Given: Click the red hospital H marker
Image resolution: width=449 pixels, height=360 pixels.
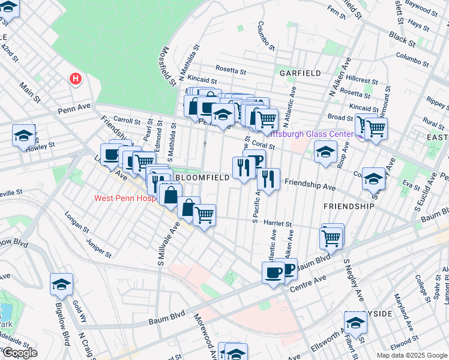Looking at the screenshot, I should [75, 78].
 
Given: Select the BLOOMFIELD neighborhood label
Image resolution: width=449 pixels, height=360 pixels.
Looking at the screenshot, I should [202, 178].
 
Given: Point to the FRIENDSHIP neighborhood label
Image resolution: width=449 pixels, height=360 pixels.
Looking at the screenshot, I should [349, 206].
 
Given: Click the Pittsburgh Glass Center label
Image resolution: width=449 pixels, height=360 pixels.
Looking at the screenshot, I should [310, 134].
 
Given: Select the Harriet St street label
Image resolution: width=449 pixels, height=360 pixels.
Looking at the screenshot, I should [277, 224].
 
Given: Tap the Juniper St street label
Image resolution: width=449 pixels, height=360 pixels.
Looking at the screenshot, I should [100, 247].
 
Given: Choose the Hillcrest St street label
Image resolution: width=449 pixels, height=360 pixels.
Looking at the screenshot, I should [363, 80].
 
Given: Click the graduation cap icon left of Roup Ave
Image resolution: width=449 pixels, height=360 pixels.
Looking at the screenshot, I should [325, 151].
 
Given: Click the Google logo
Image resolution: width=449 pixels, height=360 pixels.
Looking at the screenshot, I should [19, 353].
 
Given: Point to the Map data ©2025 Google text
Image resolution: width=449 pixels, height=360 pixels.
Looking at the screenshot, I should [412, 355].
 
